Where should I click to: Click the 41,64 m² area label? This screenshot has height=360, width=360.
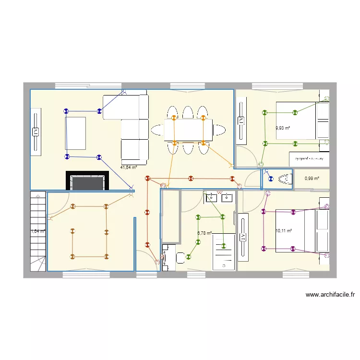tap(129, 168)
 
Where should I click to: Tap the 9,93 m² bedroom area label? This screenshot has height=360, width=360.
tap(283, 128)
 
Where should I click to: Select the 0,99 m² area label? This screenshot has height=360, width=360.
tap(312, 179)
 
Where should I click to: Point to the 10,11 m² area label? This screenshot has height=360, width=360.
tap(283, 231)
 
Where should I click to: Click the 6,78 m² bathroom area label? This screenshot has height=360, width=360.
tap(204, 233)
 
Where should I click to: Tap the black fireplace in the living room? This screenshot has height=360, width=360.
tap(87, 181)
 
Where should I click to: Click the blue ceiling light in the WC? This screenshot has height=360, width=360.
tap(267, 179)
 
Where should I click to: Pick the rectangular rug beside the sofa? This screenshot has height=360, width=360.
tap(76, 133)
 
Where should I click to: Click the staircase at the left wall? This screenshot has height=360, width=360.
tap(37, 230)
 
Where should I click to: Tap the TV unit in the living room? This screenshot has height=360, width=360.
tap(36, 132)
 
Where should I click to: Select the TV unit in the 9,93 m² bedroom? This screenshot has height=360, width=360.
tap(241, 120)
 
